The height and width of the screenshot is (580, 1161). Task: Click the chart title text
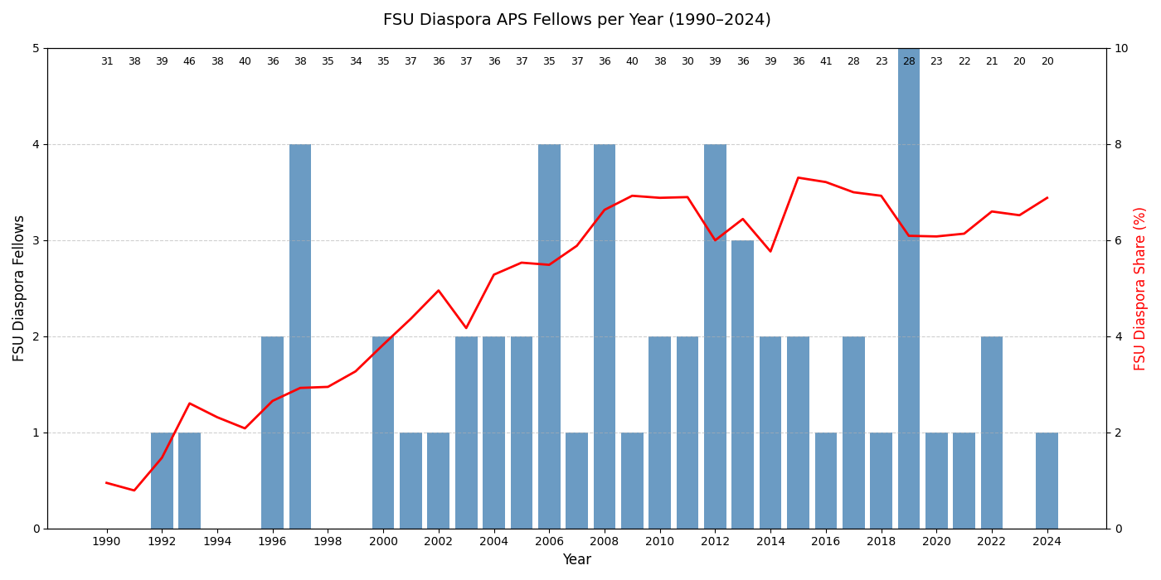tap(576, 20)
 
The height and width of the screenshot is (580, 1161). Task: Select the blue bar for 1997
tap(300, 336)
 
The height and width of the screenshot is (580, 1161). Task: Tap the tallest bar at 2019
tap(909, 288)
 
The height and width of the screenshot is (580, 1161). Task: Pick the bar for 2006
tap(549, 336)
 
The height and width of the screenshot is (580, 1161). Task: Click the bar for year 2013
tap(743, 384)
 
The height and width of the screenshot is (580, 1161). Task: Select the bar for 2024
tap(1047, 481)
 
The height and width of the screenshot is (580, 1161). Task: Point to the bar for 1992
tap(162, 481)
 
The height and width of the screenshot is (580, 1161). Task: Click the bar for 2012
tap(715, 336)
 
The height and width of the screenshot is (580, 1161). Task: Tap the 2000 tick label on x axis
tap(383, 542)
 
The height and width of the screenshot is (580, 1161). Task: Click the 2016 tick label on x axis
tap(826, 542)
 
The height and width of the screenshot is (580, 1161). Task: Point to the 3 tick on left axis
tap(36, 240)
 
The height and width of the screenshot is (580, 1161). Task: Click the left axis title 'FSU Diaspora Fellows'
tap(19, 288)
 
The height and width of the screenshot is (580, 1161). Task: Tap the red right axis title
tap(1140, 288)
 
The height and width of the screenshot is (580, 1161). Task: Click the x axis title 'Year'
tap(576, 560)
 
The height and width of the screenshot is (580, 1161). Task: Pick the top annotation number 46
tap(189, 61)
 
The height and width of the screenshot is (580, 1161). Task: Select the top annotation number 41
tap(826, 61)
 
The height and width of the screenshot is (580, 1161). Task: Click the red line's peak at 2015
tap(798, 177)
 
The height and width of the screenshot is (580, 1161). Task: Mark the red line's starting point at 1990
tap(107, 482)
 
